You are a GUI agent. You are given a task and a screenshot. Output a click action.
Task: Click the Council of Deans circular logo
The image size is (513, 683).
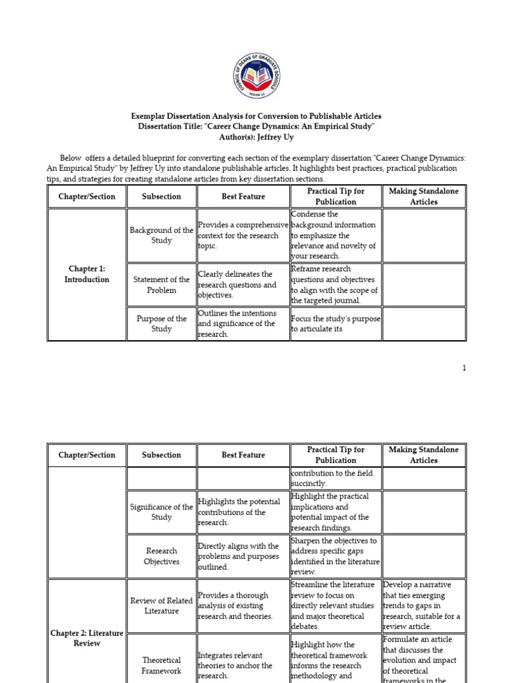click(256, 74)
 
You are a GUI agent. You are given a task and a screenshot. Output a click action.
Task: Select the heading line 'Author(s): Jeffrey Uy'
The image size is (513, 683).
click(256, 137)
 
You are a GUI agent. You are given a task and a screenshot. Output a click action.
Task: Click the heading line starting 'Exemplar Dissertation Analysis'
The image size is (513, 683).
click(256, 116)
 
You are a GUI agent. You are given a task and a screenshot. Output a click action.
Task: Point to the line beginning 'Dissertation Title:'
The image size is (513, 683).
click(256, 126)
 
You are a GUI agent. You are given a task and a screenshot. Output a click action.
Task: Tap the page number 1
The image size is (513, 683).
click(464, 368)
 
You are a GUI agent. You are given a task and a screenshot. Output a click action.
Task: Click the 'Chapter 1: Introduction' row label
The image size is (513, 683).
click(87, 274)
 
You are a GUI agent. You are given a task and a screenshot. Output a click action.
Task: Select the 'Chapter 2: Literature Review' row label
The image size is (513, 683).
click(87, 638)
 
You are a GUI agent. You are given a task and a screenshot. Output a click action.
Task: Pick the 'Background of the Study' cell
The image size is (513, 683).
click(162, 235)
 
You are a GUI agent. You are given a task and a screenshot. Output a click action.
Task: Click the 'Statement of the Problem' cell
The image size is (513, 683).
click(162, 285)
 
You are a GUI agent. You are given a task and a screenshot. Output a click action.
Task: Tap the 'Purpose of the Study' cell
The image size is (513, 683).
click(162, 323)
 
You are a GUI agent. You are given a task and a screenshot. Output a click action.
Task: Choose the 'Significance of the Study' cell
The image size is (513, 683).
click(162, 512)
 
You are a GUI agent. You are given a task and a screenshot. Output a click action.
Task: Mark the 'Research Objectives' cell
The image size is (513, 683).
click(162, 556)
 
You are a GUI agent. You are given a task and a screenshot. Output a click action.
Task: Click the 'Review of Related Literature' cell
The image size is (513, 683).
click(162, 606)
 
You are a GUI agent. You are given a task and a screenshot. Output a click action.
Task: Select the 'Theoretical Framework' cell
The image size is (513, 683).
click(162, 665)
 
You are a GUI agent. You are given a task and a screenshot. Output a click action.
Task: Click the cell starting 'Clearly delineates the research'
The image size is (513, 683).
click(243, 285)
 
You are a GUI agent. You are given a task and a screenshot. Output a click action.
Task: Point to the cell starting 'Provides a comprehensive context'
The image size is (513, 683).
click(243, 235)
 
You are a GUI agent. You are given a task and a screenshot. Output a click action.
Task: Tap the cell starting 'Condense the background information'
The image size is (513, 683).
click(335, 235)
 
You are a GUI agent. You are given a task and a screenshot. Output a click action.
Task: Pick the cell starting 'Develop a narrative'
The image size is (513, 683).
click(423, 606)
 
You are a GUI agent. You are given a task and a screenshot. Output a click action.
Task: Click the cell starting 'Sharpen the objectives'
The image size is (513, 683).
click(335, 556)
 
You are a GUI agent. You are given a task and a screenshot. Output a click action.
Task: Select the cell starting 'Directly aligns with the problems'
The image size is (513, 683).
click(243, 556)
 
